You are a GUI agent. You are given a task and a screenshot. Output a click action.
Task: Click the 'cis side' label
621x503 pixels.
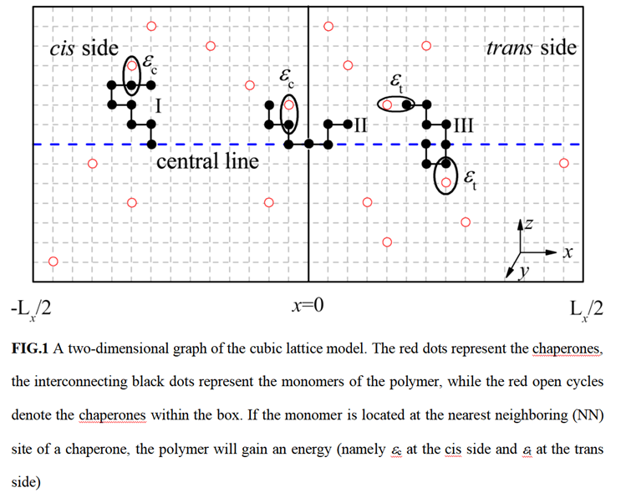84,48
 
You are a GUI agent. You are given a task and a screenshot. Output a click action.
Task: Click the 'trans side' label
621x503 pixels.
531,48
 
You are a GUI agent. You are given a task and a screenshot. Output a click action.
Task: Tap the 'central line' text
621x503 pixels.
207,160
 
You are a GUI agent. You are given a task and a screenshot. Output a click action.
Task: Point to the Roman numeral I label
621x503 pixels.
158,105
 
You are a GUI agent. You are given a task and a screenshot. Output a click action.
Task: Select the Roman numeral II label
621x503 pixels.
360,127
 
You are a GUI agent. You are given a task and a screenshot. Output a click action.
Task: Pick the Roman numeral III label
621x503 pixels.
462,127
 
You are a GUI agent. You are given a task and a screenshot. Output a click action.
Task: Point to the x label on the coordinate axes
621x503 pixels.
567,251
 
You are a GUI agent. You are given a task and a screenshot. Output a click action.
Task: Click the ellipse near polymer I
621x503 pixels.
132,74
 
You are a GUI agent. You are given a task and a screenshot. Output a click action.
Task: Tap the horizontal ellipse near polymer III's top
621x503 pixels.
396,104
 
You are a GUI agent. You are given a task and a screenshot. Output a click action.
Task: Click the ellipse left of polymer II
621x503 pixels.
288,114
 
